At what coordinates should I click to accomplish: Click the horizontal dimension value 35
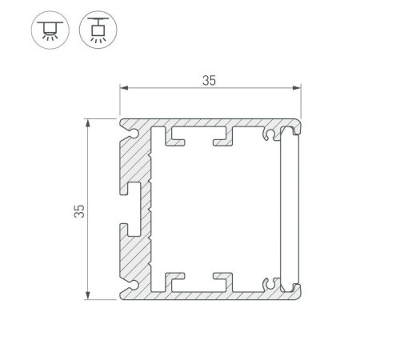210,80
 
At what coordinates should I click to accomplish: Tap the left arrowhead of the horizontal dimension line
123,90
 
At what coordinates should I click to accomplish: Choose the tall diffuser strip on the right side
290,210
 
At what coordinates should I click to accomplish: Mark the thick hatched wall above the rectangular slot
136,160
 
